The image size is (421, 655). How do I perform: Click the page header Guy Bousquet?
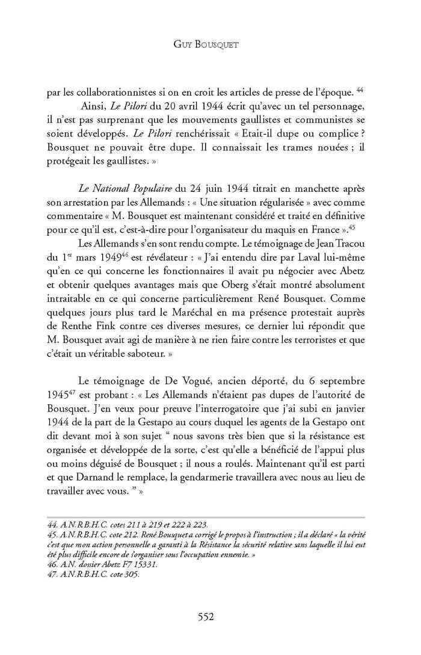pyautogui.click(x=210, y=45)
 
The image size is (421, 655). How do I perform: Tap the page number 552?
pyautogui.click(x=210, y=615)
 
